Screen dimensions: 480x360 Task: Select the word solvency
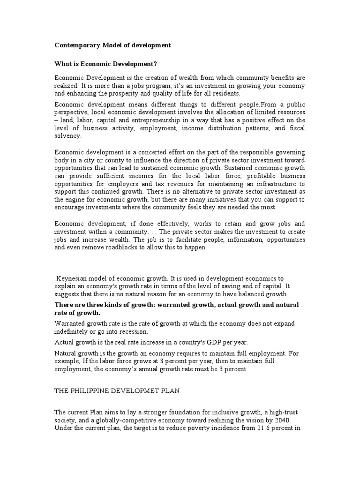pyautogui.click(x=68, y=136)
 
